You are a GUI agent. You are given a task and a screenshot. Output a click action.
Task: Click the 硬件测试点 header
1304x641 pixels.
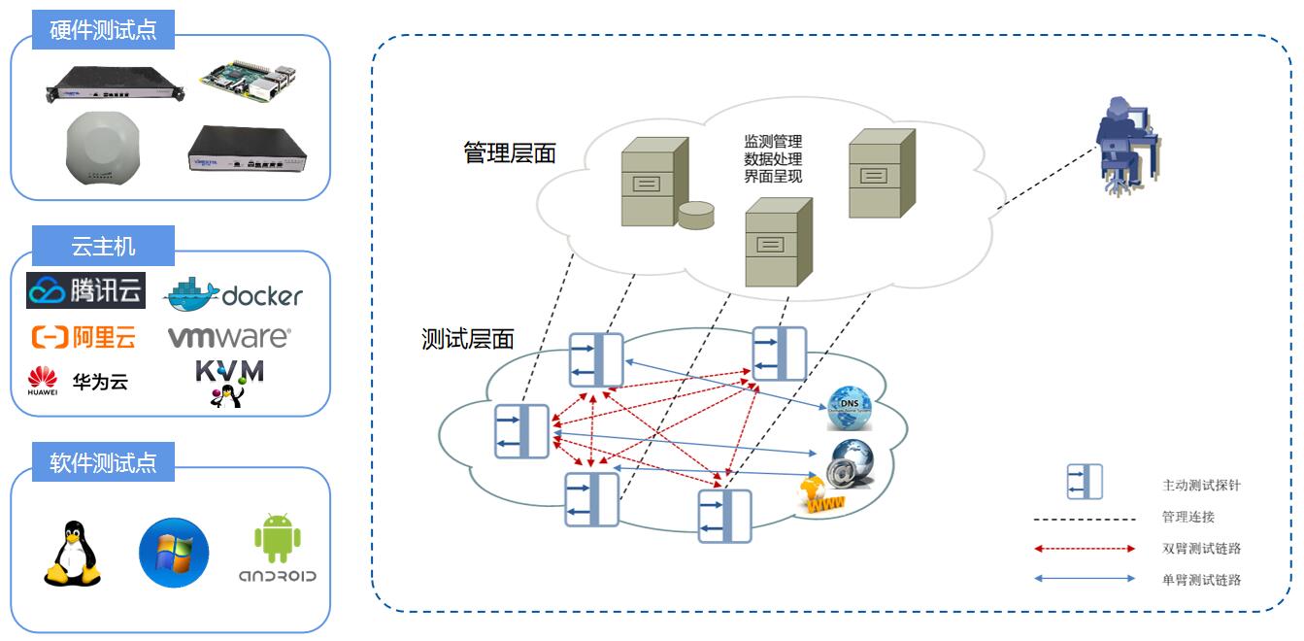pyautogui.click(x=103, y=30)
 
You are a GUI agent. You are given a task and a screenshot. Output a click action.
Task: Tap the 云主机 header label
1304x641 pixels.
pyautogui.click(x=103, y=247)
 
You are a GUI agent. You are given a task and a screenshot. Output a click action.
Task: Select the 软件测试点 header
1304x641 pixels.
pyautogui.click(x=103, y=462)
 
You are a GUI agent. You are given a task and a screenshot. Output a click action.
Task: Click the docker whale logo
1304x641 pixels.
pyautogui.click(x=234, y=294)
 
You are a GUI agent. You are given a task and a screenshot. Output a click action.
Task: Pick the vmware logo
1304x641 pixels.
pyautogui.click(x=229, y=337)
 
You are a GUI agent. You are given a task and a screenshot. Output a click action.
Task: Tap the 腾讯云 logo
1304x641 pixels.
pyautogui.click(x=86, y=290)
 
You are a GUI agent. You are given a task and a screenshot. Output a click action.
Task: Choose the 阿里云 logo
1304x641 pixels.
pyautogui.click(x=84, y=337)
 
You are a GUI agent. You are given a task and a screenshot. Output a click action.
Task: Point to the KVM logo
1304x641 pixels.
pyautogui.click(x=229, y=383)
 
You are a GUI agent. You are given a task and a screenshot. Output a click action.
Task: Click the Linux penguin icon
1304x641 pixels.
pyautogui.click(x=73, y=554)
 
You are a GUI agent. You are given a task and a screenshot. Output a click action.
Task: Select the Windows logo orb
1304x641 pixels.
pyautogui.click(x=174, y=553)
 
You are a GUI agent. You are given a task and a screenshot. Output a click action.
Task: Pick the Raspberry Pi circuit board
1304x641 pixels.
pyautogui.click(x=250, y=81)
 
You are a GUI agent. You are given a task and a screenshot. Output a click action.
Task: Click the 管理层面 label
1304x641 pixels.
pyautogui.click(x=510, y=153)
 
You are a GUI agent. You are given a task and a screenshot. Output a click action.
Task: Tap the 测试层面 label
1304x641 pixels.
pyautogui.click(x=468, y=339)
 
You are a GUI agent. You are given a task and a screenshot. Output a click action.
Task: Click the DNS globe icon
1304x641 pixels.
pyautogui.click(x=850, y=408)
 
